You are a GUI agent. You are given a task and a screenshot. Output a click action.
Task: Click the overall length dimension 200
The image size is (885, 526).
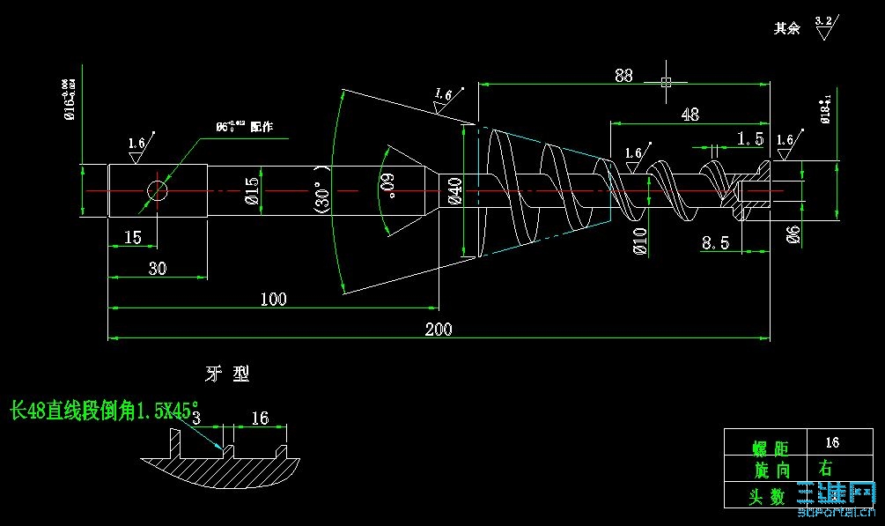438,330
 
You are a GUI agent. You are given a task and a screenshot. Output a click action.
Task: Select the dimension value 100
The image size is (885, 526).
273,300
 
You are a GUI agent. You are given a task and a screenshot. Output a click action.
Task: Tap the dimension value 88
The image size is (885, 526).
623,76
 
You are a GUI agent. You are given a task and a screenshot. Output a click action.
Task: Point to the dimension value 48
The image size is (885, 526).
690,115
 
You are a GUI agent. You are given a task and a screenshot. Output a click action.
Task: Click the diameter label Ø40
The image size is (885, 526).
454,191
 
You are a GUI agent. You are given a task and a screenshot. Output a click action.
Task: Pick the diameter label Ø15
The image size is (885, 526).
252,191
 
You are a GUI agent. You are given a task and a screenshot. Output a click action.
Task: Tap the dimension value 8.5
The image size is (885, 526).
715,243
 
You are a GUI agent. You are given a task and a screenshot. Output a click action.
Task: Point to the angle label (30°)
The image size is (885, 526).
321,189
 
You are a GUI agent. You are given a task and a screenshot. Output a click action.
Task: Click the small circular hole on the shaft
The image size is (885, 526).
158,190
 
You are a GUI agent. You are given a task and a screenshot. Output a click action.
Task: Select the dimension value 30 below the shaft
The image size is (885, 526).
157,269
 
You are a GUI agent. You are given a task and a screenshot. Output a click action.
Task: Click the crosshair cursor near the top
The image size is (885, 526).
666,82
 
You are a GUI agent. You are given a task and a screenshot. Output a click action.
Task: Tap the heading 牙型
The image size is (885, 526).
227,374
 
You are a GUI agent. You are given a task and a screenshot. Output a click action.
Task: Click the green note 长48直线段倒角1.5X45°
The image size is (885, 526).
100,411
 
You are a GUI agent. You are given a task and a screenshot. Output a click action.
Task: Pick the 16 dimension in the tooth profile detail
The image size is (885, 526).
260,419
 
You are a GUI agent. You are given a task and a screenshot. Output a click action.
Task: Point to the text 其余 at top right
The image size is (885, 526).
786,28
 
